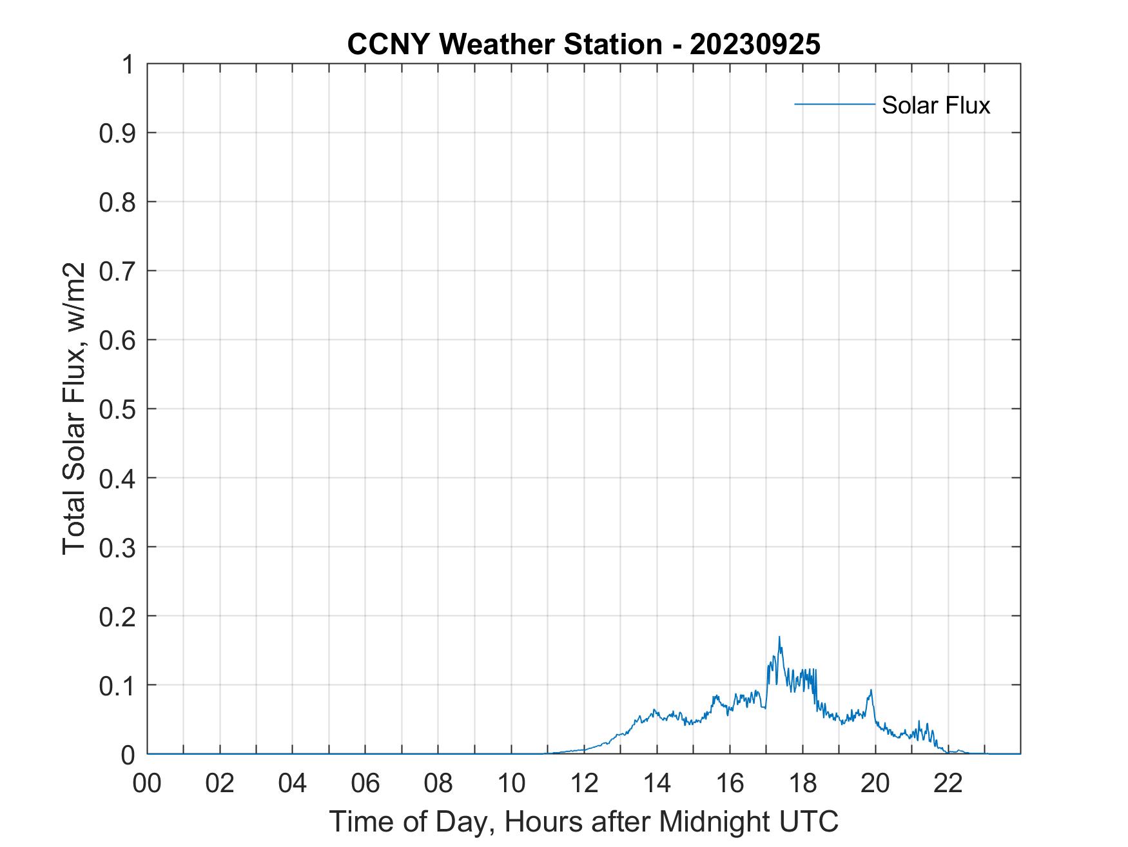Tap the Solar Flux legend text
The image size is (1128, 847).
pos(935,105)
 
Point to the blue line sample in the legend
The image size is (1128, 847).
pos(834,104)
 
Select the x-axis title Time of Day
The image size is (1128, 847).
pos(583,821)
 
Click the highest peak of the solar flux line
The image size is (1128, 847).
pos(779,637)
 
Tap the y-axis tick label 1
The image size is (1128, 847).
pos(128,65)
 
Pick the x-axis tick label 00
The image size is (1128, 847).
pos(147,783)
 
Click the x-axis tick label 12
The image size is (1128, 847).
pos(584,783)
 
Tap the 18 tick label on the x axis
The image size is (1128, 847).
pos(802,783)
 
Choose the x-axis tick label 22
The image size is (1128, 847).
pos(948,783)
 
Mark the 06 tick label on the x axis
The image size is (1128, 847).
pos(365,783)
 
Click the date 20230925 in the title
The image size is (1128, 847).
pos(755,45)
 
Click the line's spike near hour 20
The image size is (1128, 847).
pos(871,691)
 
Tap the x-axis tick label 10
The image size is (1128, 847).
pos(511,783)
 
